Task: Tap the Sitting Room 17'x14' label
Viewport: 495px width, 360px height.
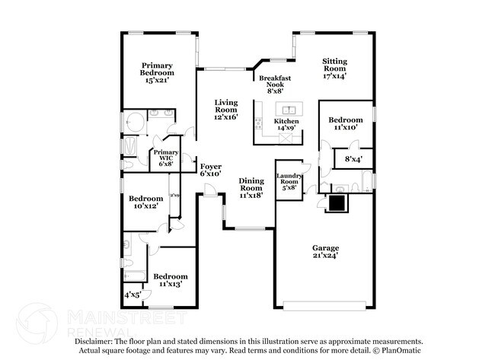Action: (335, 69)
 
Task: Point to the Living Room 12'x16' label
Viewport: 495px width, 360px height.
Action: (225, 110)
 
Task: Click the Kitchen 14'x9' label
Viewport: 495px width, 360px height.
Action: (286, 125)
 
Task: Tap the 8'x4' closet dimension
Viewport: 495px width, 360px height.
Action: (353, 159)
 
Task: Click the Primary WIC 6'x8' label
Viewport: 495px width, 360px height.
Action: (166, 158)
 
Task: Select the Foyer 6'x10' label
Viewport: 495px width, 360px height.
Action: (210, 170)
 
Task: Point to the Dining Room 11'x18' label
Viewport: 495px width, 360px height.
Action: (251, 186)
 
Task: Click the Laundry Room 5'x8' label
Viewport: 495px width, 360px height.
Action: (289, 182)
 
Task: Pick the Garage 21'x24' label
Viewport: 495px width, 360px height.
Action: (326, 252)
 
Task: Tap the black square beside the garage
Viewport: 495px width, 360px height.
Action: (336, 202)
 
